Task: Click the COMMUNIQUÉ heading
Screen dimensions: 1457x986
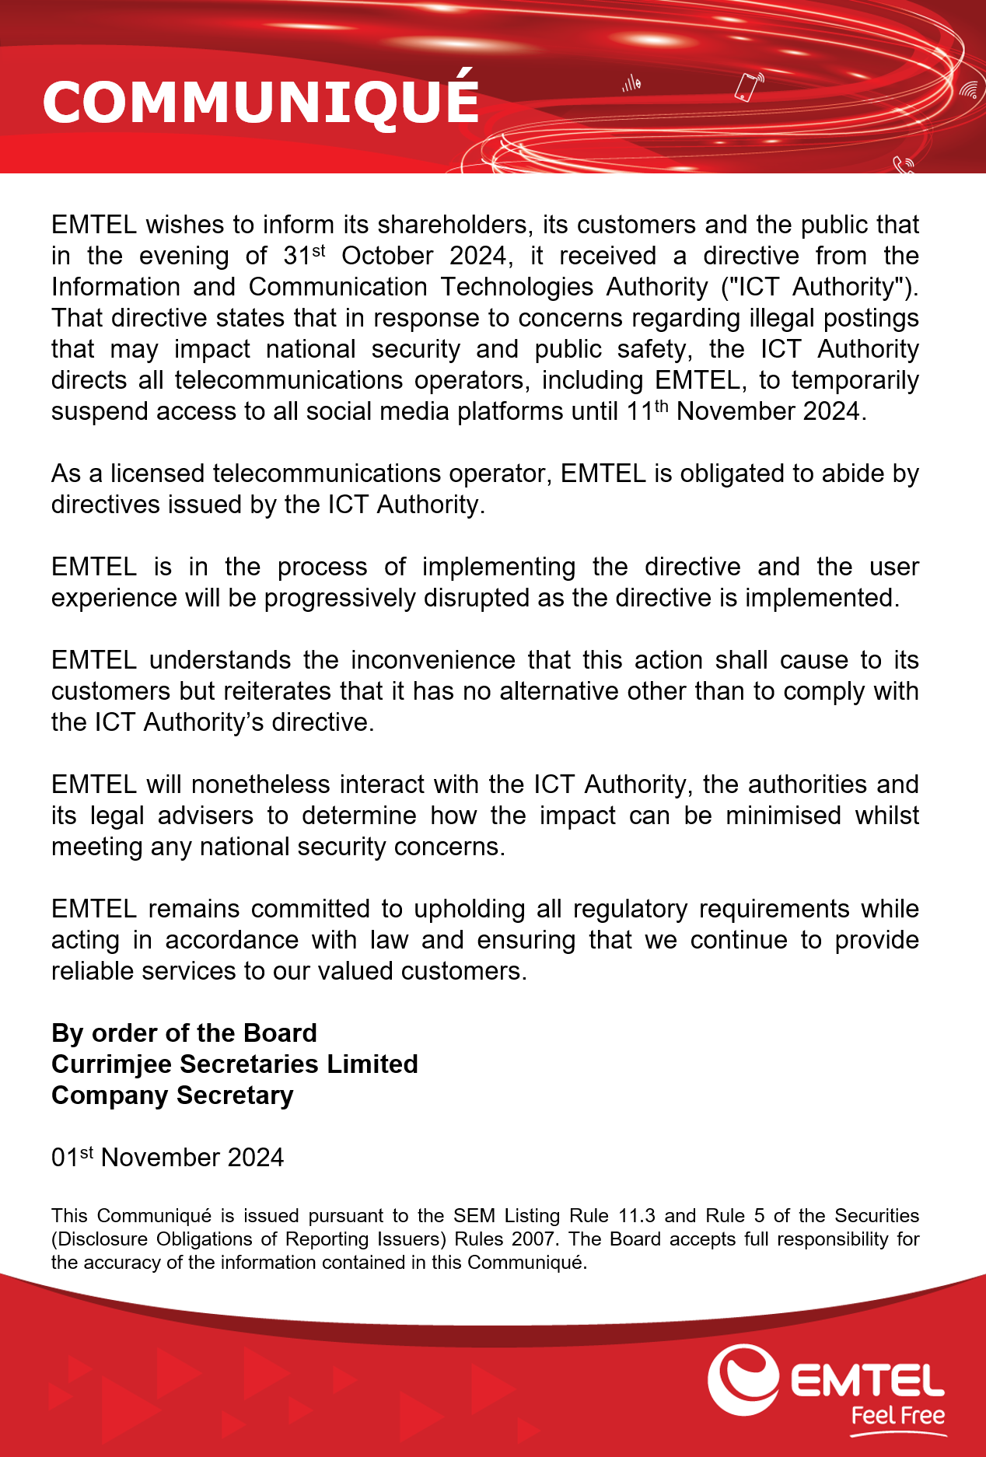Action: pos(260,102)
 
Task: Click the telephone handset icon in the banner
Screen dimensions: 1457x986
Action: pos(903,164)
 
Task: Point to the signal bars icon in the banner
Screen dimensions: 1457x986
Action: pos(631,83)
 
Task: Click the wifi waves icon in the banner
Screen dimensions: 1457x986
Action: pos(968,91)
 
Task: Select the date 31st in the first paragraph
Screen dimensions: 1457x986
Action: pos(304,255)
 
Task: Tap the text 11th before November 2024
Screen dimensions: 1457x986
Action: pos(647,411)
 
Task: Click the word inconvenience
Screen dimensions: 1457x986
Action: pos(432,660)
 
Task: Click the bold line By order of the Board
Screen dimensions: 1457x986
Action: pos(184,1033)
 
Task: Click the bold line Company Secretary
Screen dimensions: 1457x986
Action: pos(173,1095)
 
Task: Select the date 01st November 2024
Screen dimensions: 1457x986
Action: pos(167,1158)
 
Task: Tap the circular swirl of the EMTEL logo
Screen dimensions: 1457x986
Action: pos(743,1379)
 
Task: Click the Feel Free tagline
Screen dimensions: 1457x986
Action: pos(897,1415)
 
